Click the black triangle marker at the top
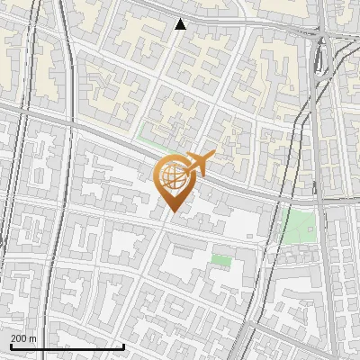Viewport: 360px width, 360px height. (x=180, y=24)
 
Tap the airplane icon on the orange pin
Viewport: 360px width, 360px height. (x=200, y=163)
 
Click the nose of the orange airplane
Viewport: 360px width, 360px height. (x=213, y=154)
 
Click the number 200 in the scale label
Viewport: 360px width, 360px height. (x=19, y=338)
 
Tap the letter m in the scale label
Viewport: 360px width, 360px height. (x=32, y=338)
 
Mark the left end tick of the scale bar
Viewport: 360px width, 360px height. (x=10, y=345)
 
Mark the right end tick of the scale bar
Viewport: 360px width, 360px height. (x=123, y=345)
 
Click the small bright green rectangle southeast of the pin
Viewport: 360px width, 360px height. (x=220, y=260)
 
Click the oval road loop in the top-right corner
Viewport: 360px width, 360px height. (x=322, y=58)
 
